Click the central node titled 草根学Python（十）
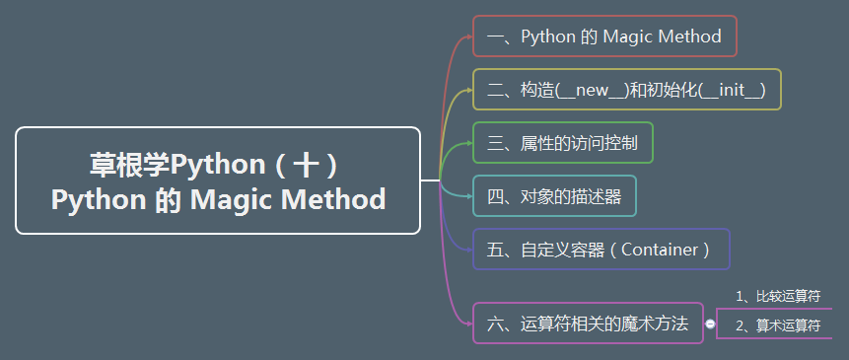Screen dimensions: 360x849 pyautogui.click(x=218, y=180)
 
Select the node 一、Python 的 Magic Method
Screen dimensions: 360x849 pyautogui.click(x=604, y=37)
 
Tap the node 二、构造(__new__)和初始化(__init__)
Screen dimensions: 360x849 pyautogui.click(x=626, y=91)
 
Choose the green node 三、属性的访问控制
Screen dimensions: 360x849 pyautogui.click(x=562, y=143)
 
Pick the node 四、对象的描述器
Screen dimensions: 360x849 pyautogui.click(x=554, y=196)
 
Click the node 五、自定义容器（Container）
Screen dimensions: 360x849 pyautogui.click(x=600, y=250)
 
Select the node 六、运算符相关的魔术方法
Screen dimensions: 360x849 pyautogui.click(x=588, y=324)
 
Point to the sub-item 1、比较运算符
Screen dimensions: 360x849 pyautogui.click(x=778, y=296)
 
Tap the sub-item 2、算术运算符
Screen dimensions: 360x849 pyautogui.click(x=778, y=324)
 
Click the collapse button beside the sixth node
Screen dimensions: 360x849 pyautogui.click(x=710, y=324)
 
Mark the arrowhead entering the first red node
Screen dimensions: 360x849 pyautogui.click(x=469, y=37)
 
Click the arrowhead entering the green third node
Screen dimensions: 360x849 pyautogui.click(x=469, y=143)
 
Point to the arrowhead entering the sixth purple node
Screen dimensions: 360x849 pyautogui.click(x=469, y=323)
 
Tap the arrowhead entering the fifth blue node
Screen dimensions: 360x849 pyautogui.click(x=469, y=250)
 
